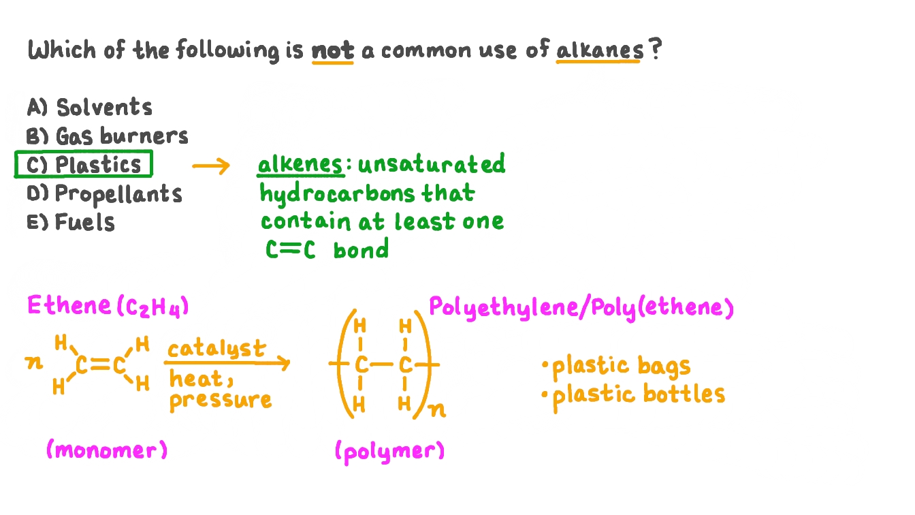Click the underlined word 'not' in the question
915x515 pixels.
[333, 51]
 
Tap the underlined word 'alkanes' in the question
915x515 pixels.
[599, 50]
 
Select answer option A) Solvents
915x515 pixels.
[90, 108]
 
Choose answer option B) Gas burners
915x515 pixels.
[108, 136]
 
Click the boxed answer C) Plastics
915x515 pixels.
[84, 165]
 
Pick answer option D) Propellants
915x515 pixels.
[105, 194]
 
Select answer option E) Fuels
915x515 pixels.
[71, 223]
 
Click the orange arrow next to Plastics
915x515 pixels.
[211, 166]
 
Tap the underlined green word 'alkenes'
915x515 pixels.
[300, 165]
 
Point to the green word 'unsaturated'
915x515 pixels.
[432, 165]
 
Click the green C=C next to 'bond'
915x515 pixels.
[291, 250]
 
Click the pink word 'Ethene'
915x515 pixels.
[69, 305]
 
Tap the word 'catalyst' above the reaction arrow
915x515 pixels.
[216, 349]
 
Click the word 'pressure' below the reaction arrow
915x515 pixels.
[220, 400]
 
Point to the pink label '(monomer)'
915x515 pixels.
[106, 450]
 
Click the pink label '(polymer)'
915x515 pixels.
[389, 451]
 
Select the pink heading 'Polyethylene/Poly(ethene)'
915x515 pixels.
[581, 308]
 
